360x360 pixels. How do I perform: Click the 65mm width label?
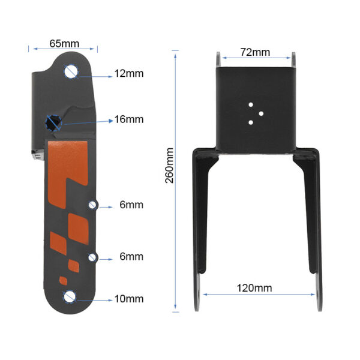(64, 43)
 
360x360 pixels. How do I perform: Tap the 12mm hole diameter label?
(129, 73)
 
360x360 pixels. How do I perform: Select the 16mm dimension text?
(129, 119)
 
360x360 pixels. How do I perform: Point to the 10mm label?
(129, 299)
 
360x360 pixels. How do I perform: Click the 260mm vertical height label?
(169, 166)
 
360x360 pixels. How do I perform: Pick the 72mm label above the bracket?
(255, 52)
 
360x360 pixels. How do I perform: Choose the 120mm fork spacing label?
(254, 288)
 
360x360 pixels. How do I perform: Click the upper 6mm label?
(131, 205)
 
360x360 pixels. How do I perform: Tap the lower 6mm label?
(131, 256)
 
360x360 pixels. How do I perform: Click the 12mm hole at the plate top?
(71, 71)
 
